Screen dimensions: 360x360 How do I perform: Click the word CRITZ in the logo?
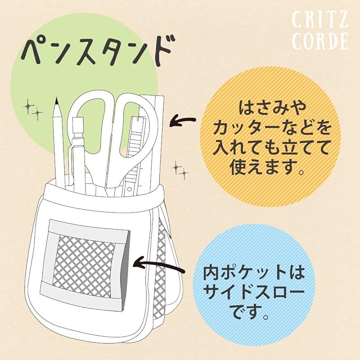pyautogui.click(x=319, y=20)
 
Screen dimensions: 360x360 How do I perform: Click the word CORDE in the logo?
pyautogui.click(x=320, y=41)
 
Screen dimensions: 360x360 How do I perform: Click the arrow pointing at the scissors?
pyautogui.click(x=182, y=120)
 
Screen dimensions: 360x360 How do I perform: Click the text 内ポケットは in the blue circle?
pyautogui.click(x=254, y=273)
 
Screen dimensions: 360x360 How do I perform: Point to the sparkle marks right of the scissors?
pyautogui.click(x=181, y=170)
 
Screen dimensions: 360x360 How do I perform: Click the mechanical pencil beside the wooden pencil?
pyautogui.click(x=78, y=151)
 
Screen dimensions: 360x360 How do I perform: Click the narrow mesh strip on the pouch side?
pyautogui.click(x=160, y=269)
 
